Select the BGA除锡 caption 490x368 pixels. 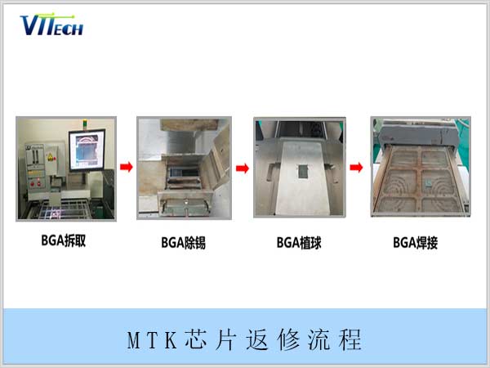pyautogui.click(x=183, y=242)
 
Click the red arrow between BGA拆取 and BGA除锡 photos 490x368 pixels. pyautogui.click(x=126, y=168)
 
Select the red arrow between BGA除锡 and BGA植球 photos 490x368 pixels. pyautogui.click(x=242, y=168)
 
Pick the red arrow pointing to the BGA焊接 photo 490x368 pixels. pyautogui.click(x=357, y=168)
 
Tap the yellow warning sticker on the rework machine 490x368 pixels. pyautogui.click(x=48, y=153)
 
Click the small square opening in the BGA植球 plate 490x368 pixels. pyautogui.click(x=301, y=173)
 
